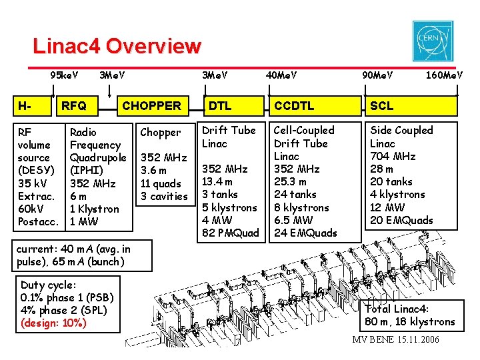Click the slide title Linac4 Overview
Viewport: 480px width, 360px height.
[x=117, y=46]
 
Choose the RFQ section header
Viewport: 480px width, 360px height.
[x=74, y=105]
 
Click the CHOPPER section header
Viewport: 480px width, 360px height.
[x=151, y=105]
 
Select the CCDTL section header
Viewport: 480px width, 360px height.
[x=294, y=105]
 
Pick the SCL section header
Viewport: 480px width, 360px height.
[x=382, y=105]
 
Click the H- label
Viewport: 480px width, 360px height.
[x=25, y=105]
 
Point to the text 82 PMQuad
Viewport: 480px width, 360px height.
[x=230, y=233]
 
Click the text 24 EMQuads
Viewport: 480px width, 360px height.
[x=305, y=233]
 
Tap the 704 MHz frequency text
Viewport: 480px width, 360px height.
[x=393, y=156]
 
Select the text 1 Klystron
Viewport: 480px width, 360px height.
[x=95, y=209]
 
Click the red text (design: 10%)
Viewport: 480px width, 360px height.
[x=53, y=323]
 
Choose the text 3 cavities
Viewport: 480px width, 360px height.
[x=164, y=196]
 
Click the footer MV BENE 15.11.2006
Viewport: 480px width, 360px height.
[x=396, y=341]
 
